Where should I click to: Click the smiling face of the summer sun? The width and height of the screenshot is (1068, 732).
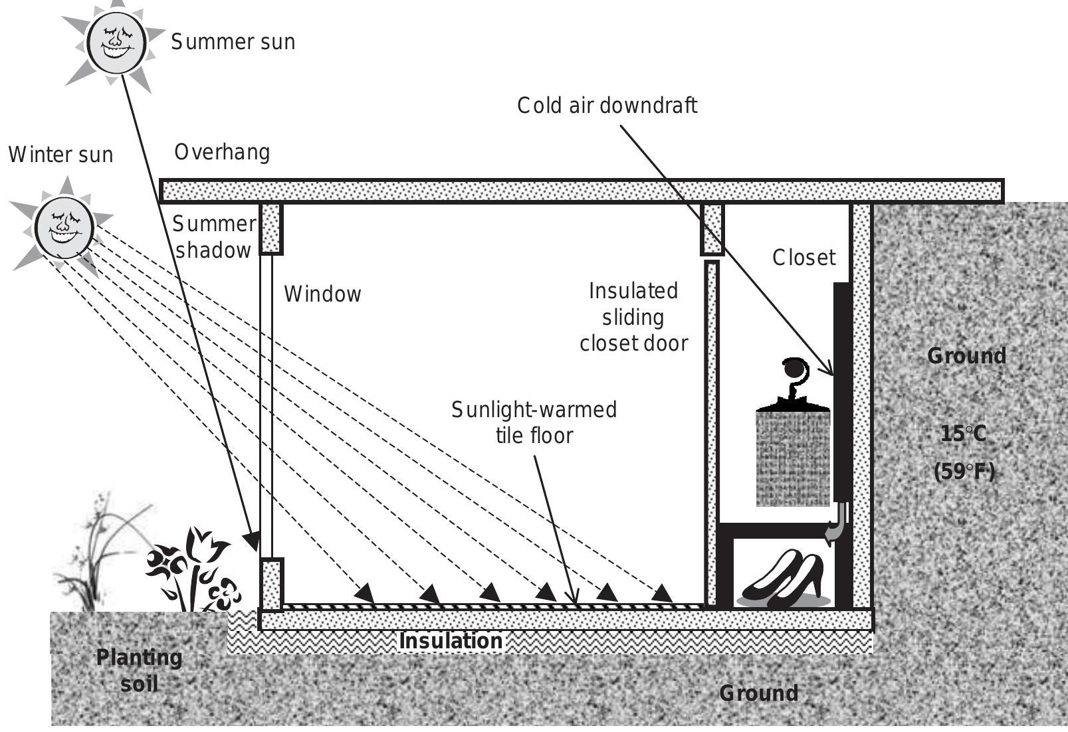(x=116, y=41)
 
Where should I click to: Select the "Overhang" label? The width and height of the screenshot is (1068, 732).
(x=222, y=153)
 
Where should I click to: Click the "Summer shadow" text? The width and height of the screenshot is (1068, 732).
(x=213, y=237)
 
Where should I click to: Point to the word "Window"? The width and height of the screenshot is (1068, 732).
(x=322, y=294)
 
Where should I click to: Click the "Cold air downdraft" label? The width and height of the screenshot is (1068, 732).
(x=607, y=106)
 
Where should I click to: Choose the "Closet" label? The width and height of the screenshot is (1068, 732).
(x=803, y=258)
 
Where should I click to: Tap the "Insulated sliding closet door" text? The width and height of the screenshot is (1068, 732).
(x=633, y=318)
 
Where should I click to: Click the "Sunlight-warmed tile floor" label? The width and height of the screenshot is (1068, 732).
(x=534, y=422)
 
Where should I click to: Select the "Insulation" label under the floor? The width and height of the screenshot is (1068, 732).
(x=451, y=641)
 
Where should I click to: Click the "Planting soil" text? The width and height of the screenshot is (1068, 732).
(x=139, y=670)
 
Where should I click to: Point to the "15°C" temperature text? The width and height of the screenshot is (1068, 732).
(x=963, y=434)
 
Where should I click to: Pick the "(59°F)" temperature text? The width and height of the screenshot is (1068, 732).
(x=964, y=472)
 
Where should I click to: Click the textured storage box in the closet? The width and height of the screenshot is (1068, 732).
(x=793, y=458)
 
